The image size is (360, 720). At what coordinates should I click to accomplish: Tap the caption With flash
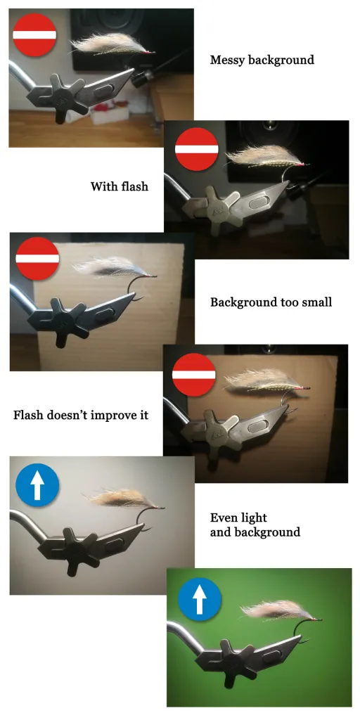[x=120, y=186]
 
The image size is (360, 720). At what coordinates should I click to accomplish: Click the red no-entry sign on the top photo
[x=34, y=35]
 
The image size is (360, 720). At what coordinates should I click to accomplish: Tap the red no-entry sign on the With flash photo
[x=197, y=149]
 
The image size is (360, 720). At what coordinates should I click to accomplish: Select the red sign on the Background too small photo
[x=37, y=258]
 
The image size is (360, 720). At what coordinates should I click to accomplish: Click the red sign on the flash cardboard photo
[x=194, y=375]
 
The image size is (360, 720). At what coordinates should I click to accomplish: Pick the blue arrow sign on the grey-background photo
[x=37, y=485]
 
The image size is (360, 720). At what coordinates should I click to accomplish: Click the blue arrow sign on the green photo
[x=200, y=599]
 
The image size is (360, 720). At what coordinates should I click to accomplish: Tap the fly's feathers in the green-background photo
[x=276, y=610]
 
